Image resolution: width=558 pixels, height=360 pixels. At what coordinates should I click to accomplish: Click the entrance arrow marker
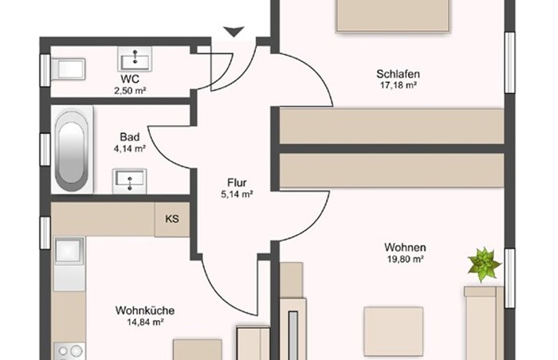pyautogui.click(x=234, y=32)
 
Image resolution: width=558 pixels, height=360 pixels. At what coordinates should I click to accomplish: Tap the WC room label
pyautogui.click(x=130, y=79)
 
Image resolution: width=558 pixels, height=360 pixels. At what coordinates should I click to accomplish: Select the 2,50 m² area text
pyautogui.click(x=130, y=91)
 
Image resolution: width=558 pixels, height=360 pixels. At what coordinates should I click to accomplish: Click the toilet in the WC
pyautogui.click(x=69, y=69)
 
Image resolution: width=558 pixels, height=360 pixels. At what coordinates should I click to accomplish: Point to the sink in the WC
pyautogui.click(x=135, y=59)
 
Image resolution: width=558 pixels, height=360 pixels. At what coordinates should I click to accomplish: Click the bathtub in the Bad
pyautogui.click(x=72, y=150)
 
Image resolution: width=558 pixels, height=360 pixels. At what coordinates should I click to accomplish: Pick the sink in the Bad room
pyautogui.click(x=129, y=181)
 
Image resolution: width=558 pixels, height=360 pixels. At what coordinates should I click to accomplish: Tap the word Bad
pyautogui.click(x=129, y=137)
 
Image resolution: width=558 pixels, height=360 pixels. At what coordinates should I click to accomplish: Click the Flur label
pyautogui.click(x=237, y=183)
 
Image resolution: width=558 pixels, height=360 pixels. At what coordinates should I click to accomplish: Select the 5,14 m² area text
pyautogui.click(x=237, y=194)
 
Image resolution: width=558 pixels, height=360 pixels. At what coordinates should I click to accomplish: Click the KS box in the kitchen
pyautogui.click(x=172, y=219)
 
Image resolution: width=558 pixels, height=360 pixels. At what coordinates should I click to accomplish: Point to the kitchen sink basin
pyautogui.click(x=69, y=251)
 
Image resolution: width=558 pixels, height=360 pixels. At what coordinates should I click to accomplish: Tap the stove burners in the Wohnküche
pyautogui.click(x=70, y=351)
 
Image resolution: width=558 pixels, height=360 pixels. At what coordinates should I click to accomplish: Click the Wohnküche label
pyautogui.click(x=145, y=311)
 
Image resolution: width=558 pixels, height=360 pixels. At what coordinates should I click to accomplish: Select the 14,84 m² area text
pyautogui.click(x=145, y=323)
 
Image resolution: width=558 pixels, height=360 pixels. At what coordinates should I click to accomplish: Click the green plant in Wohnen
pyautogui.click(x=485, y=264)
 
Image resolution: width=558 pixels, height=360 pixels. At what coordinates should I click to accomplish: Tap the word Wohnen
pyautogui.click(x=405, y=247)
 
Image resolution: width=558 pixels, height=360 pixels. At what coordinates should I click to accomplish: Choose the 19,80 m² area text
pyautogui.click(x=405, y=259)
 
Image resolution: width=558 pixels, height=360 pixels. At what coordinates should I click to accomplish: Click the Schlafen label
pyautogui.click(x=399, y=74)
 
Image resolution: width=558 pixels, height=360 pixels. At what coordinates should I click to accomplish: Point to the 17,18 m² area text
pyautogui.click(x=399, y=86)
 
